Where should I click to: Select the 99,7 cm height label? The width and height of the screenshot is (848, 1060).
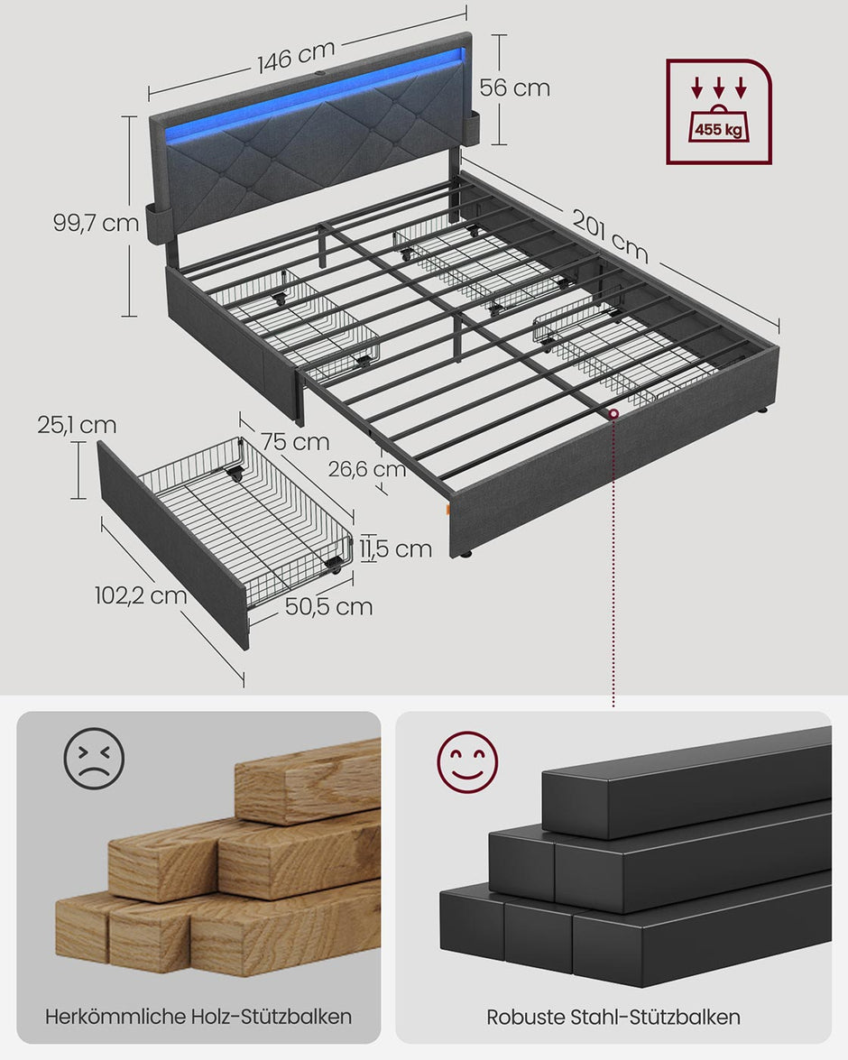point(95,223)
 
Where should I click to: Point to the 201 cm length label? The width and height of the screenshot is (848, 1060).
point(611,231)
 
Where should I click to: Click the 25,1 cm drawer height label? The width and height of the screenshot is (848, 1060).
point(77,424)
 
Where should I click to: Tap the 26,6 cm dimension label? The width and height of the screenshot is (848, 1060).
point(365,469)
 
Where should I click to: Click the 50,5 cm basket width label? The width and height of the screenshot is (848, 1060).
point(328,606)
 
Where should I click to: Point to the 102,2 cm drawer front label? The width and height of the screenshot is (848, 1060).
point(141,595)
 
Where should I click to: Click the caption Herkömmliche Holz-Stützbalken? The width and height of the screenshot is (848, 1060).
point(198,1016)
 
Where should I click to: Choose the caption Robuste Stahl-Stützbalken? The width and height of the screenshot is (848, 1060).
point(613,1017)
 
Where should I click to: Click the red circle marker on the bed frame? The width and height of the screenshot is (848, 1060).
point(613,414)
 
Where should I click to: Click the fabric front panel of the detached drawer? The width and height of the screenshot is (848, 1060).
point(171,541)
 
